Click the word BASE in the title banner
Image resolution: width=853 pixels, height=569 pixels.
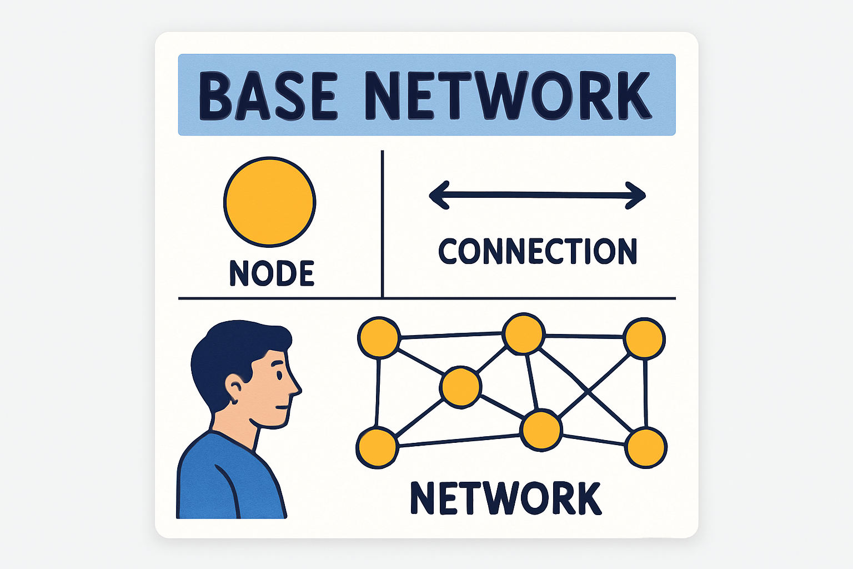(268, 96)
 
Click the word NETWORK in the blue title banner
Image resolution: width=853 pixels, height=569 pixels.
(508, 96)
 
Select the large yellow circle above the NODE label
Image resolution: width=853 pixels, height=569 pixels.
(270, 202)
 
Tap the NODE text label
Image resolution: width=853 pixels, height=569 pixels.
(272, 273)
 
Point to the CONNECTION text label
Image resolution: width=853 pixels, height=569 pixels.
(538, 252)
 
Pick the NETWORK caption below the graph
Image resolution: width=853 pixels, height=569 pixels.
(505, 498)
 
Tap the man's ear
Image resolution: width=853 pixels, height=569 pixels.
(235, 385)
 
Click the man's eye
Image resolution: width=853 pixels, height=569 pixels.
(279, 375)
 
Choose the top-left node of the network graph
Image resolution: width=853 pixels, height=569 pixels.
(379, 338)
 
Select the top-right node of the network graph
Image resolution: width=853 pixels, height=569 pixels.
(644, 338)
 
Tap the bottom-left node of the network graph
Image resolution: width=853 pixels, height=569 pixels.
(377, 448)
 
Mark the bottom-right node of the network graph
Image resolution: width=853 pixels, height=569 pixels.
(646, 448)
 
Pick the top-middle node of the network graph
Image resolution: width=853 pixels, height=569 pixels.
(523, 333)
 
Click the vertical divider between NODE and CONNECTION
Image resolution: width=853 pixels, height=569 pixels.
(383, 222)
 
